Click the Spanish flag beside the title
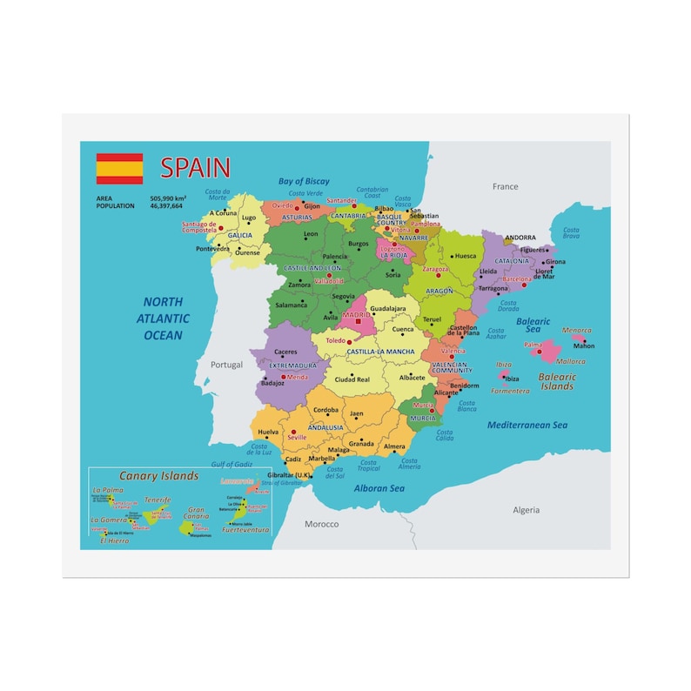(x=119, y=169)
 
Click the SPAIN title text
(x=195, y=168)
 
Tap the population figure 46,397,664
(x=166, y=206)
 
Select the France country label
(x=505, y=186)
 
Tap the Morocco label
(x=321, y=524)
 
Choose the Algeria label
(x=526, y=510)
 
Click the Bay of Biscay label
(x=304, y=182)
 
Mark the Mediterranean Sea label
(x=527, y=425)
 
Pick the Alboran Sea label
(x=379, y=488)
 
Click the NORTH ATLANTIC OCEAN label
(x=164, y=319)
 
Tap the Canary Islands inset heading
(x=158, y=476)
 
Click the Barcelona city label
(x=516, y=279)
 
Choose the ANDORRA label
(x=520, y=238)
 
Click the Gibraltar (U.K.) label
(x=290, y=475)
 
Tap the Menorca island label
(x=576, y=331)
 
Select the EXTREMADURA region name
(x=292, y=366)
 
